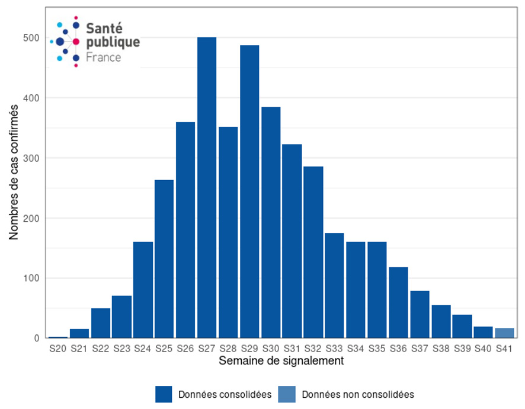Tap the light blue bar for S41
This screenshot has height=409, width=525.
coord(504,333)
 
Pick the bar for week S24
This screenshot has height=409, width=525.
coord(143,290)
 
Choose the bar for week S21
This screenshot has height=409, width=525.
coord(79,334)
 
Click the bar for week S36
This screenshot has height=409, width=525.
coord(398,302)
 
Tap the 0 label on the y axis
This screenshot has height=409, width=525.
coord(37,338)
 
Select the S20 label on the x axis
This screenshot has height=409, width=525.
coord(58,349)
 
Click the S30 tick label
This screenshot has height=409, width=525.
coord(271,349)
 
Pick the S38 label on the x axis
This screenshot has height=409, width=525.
coord(441,349)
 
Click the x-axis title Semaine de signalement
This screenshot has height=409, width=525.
coord(281,360)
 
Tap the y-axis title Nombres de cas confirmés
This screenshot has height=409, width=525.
coord(14,171)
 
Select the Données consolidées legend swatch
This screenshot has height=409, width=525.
coord(164,394)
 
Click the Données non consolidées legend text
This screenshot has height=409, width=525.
coord(357,394)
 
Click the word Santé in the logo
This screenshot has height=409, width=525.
coord(105,28)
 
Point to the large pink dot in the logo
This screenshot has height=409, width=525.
coord(76,41)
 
